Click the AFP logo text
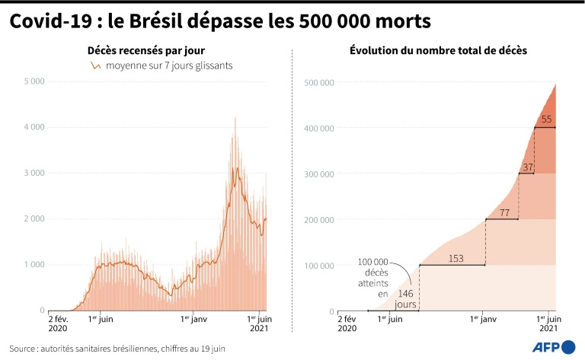pyautogui.click(x=546, y=348)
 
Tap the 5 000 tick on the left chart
pyautogui.click(x=34, y=81)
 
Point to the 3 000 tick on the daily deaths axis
pyautogui.click(x=34, y=173)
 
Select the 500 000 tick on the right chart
pyautogui.click(x=319, y=82)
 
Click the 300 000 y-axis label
pyautogui.click(x=319, y=174)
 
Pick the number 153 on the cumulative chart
pyautogui.click(x=456, y=259)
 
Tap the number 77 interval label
pyautogui.click(x=503, y=212)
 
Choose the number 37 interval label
pyautogui.click(x=527, y=167)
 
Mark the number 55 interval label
pyautogui.click(x=546, y=119)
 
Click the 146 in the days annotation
pyautogui.click(x=406, y=293)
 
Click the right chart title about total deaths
pyautogui.click(x=438, y=50)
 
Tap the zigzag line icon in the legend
pyautogui.click(x=96, y=66)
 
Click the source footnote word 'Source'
pyautogui.click(x=26, y=348)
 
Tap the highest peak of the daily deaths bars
pyautogui.click(x=235, y=117)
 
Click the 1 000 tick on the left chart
pyautogui.click(x=34, y=265)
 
